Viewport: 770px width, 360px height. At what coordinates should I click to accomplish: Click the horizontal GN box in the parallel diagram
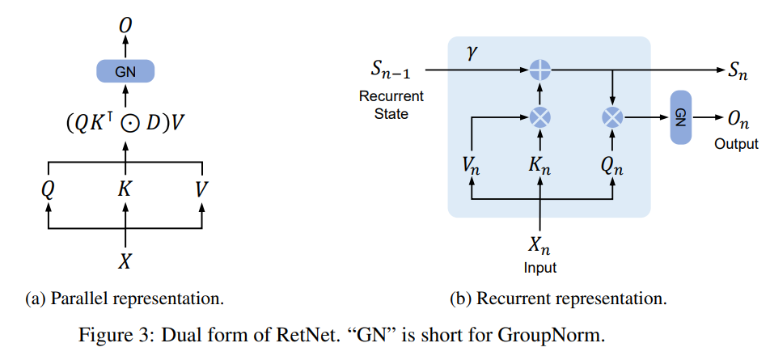tap(125, 71)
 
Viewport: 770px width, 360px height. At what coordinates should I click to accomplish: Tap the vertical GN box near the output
tap(680, 118)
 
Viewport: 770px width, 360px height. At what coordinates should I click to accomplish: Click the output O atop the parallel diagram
tap(125, 28)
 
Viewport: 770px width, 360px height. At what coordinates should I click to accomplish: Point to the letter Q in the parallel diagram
tap(49, 190)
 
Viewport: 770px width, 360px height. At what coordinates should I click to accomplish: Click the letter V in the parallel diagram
tap(201, 190)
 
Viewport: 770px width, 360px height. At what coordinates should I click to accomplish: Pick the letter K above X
tap(125, 190)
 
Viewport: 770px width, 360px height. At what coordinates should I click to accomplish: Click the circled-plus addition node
tap(540, 71)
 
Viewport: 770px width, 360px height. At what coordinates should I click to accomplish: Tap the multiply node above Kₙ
tap(540, 118)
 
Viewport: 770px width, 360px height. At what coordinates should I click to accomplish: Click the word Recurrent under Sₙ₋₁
tap(391, 97)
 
